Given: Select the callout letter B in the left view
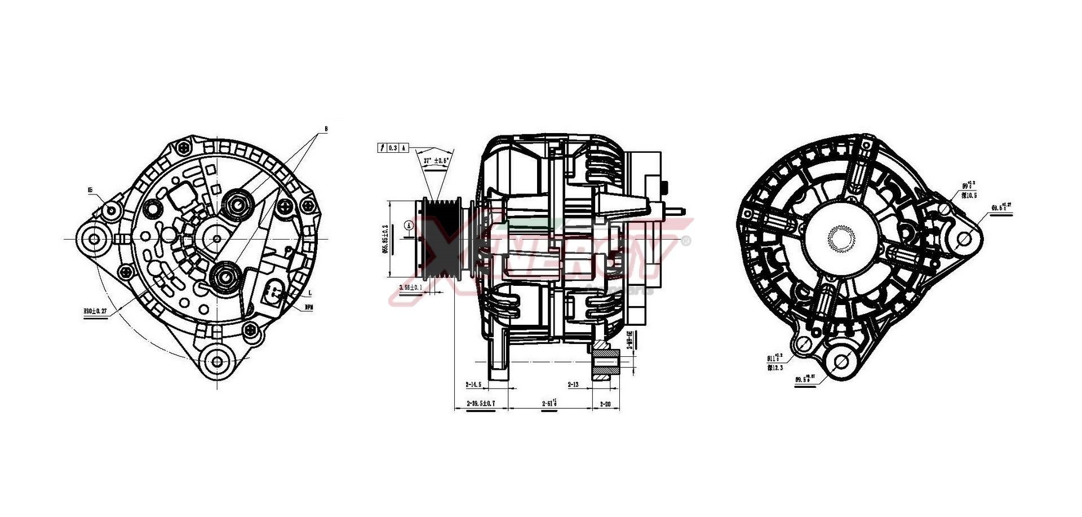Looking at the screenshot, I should click(x=326, y=129).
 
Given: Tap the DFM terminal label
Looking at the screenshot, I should click(x=309, y=307).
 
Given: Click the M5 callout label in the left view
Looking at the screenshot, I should click(x=90, y=191).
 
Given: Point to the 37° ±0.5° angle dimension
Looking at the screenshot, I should click(x=436, y=161).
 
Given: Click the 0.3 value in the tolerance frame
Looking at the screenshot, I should click(x=393, y=148).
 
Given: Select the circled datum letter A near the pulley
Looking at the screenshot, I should click(x=410, y=226).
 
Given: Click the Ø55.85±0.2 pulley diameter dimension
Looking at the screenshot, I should click(x=386, y=240).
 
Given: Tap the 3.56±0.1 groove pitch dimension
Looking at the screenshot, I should click(x=410, y=288).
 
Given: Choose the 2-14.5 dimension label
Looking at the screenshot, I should click(x=473, y=385).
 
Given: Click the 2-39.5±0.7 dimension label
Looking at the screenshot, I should click(x=481, y=404).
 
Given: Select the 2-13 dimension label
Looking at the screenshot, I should click(x=573, y=385).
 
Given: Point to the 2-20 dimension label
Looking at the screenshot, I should click(x=605, y=404).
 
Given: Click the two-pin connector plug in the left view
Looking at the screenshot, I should click(x=274, y=293).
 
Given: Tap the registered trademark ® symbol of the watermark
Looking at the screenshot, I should click(x=686, y=241).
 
